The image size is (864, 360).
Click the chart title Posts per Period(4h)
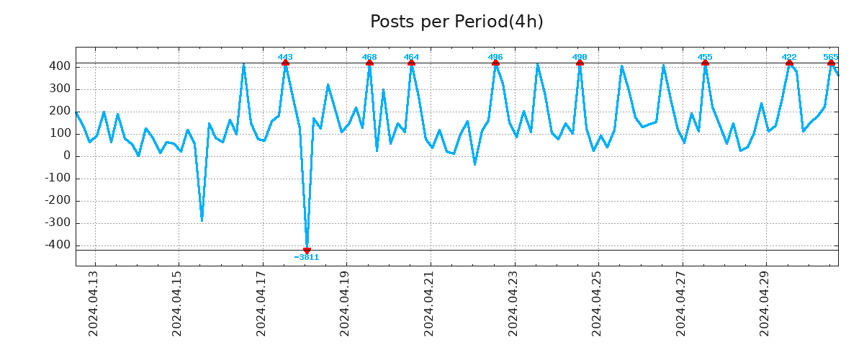456,22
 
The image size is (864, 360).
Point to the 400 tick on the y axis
60,66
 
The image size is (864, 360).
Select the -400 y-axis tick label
57,246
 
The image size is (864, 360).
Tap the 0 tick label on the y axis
66,156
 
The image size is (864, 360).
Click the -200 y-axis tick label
57,201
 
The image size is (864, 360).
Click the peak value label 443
285,57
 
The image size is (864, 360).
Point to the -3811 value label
307,257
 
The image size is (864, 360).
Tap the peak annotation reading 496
495,57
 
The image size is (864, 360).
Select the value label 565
830,57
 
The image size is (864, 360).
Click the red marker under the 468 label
369,63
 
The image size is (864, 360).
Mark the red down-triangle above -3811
307,250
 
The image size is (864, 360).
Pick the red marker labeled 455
705,63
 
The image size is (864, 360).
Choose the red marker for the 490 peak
580,63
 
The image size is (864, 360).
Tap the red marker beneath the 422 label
789,63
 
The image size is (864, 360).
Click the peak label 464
411,57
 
